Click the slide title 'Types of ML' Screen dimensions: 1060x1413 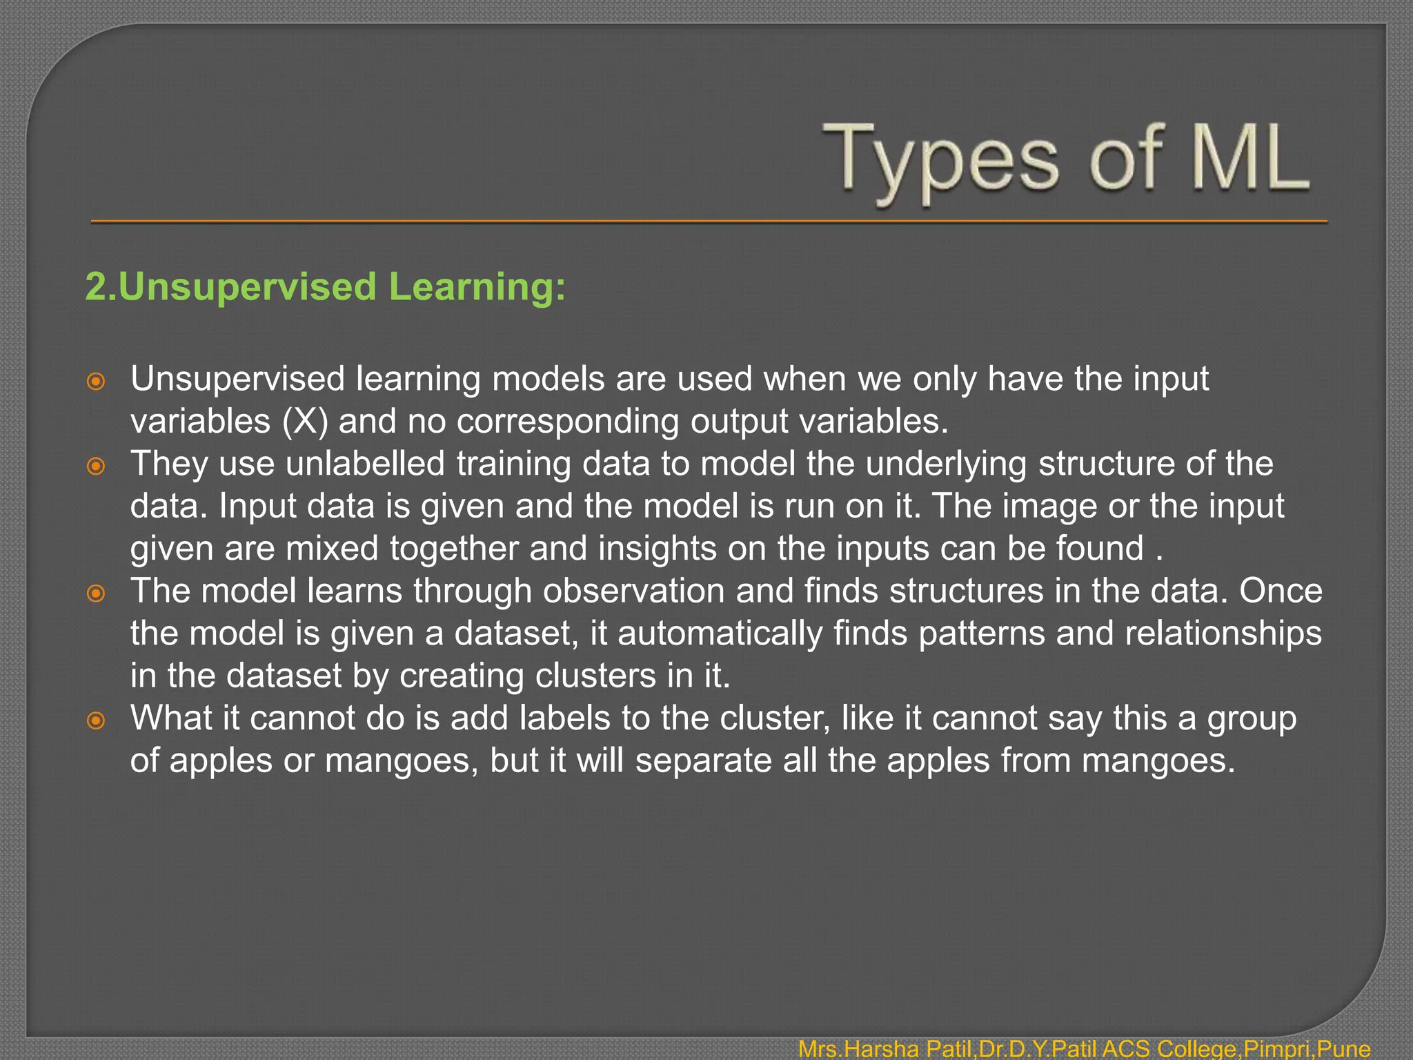1066,160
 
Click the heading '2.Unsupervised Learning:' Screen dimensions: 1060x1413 325,286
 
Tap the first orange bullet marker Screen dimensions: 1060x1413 96,381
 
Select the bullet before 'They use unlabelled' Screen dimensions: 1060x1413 96,466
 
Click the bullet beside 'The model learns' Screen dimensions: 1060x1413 96,593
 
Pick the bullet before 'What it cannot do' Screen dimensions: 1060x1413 96,720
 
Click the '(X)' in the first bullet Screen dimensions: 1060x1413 305,422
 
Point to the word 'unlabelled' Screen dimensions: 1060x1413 365,463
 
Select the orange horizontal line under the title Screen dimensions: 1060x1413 709,222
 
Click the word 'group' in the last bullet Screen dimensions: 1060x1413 1252,718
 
